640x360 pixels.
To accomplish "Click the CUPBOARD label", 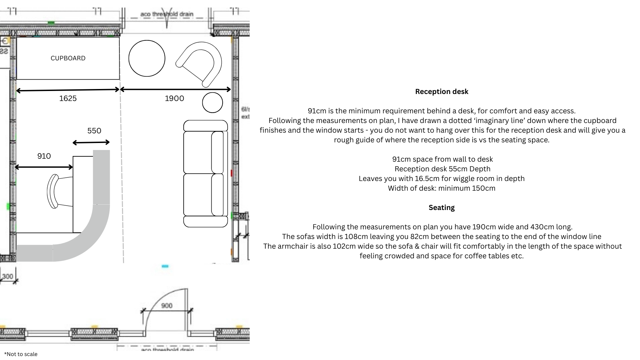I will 68,58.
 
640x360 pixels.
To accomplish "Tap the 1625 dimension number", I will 68,98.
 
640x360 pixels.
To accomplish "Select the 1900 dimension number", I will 174,98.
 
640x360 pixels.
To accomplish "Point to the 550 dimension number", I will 94,131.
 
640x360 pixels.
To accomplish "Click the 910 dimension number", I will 44,156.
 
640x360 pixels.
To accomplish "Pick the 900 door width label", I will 167,306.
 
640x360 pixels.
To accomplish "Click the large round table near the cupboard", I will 147,58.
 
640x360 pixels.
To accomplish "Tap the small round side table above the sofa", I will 212,103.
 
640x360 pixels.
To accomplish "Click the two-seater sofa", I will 205,174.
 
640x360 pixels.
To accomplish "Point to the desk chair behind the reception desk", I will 57,192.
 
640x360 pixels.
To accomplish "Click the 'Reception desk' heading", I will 442,92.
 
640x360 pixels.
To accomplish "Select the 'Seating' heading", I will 442,208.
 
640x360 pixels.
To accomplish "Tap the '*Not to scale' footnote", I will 21,354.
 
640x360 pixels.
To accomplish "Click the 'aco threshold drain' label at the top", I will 167,14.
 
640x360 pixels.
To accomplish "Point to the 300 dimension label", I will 8,276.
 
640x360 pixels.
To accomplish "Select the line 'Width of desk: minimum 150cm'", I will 442,188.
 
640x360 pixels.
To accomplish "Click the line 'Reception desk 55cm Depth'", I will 442,169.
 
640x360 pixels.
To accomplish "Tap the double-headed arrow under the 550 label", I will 91,143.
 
